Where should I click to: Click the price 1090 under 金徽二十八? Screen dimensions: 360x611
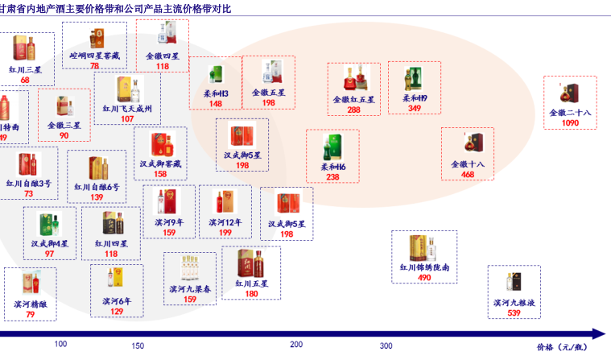click(x=569, y=123)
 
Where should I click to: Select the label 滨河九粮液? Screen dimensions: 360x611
click(x=514, y=303)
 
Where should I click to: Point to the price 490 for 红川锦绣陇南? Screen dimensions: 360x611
click(x=424, y=277)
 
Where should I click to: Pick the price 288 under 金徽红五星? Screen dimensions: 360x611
click(x=353, y=110)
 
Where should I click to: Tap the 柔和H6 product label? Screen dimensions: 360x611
click(x=332, y=167)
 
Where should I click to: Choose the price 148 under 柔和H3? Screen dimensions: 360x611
click(x=216, y=104)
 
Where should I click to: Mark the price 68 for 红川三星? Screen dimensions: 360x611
click(x=25, y=80)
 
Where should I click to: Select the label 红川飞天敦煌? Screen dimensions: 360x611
click(x=127, y=108)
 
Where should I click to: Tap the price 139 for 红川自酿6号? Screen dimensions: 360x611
click(x=97, y=197)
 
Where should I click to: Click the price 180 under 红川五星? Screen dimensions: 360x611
click(x=251, y=294)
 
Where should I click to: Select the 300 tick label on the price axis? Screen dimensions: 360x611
click(x=386, y=346)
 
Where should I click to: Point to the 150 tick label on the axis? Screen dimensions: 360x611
click(x=138, y=346)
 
